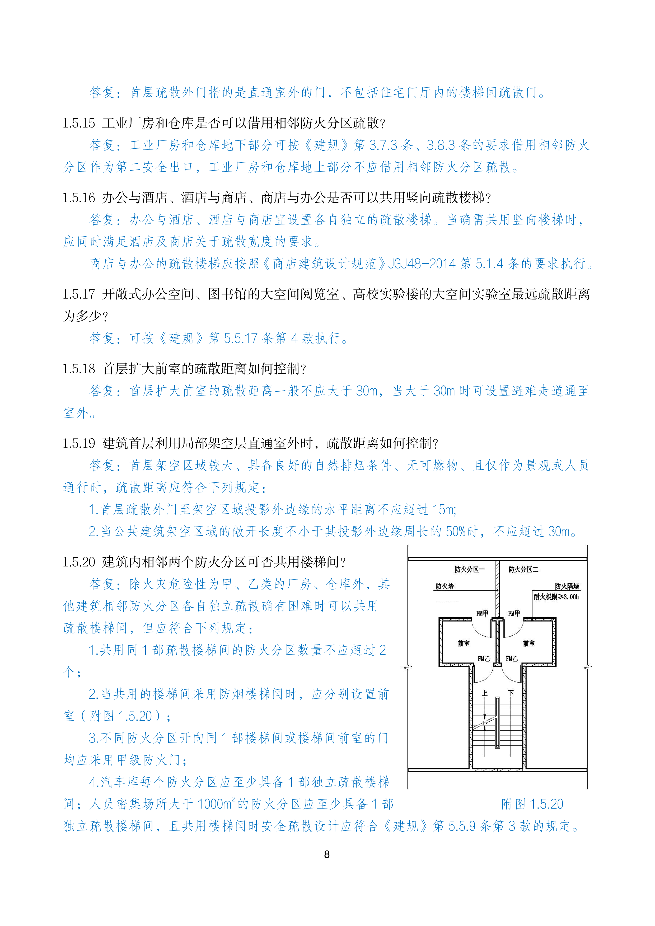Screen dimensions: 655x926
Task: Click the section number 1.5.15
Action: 79,123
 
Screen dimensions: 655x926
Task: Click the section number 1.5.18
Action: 79,369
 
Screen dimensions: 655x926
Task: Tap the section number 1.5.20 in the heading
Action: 79,562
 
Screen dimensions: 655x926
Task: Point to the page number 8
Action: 327,854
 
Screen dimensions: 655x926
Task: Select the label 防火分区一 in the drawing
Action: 470,570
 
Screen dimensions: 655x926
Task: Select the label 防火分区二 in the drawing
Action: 523,570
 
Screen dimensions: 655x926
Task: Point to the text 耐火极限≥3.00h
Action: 556,597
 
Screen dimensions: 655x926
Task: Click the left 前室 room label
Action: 464,643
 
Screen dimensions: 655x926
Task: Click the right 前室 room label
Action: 529,643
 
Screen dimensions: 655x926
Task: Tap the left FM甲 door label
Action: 482,613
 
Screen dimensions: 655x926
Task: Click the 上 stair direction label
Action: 485,693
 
